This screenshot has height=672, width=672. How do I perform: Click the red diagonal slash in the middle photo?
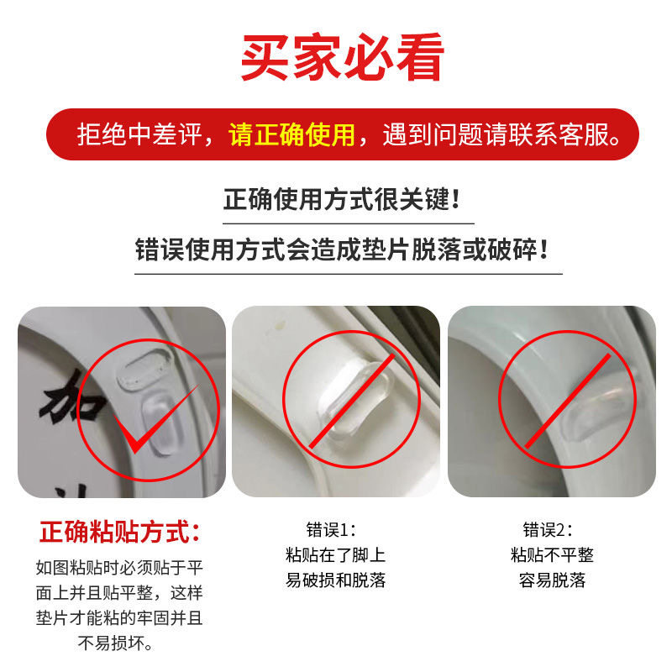[x=349, y=402]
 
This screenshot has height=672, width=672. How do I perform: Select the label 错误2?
[x=547, y=530]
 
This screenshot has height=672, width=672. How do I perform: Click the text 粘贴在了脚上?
[x=335, y=555]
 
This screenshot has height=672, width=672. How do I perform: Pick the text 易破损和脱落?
[x=335, y=580]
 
